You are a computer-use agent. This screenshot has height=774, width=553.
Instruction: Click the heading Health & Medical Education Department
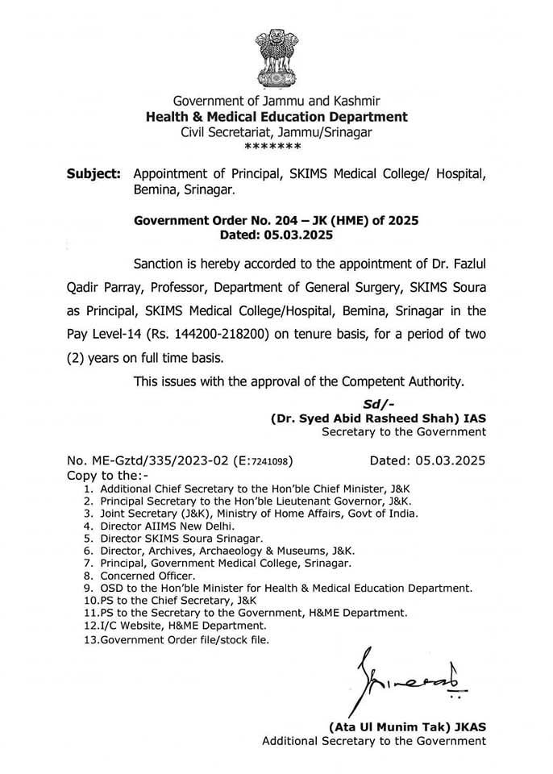[276, 117]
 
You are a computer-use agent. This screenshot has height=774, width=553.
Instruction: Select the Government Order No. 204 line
[276, 221]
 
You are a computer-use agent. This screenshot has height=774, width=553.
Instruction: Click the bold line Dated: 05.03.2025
[276, 235]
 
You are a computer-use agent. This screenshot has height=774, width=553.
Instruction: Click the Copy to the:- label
[109, 476]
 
